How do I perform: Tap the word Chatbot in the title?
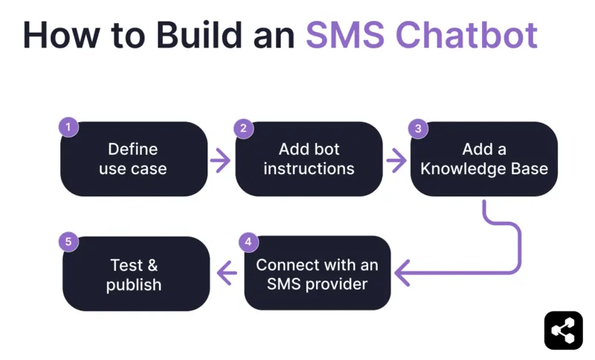pos(466,35)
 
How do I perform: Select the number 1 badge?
pos(68,127)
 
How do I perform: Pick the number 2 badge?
pos(243,127)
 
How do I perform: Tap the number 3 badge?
pos(419,127)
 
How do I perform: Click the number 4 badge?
pos(249,242)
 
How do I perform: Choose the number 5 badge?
pos(68,242)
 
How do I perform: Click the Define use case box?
pos(133,159)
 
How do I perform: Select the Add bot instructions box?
pos(309,159)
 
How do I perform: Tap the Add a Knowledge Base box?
pos(483,159)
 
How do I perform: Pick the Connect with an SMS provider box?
pos(318,274)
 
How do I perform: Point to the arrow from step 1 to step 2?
pos(220,160)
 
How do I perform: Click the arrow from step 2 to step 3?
pos(396,160)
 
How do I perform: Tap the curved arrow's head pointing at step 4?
pos(402,274)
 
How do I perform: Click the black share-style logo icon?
pos(563,330)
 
